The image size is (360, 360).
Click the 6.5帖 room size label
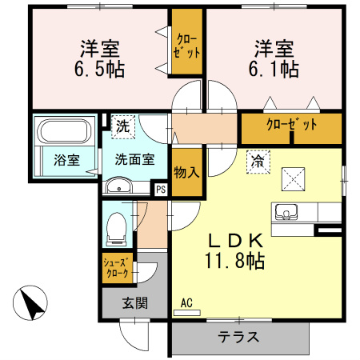100,69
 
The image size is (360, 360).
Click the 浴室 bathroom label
66,159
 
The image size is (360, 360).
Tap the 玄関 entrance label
134,303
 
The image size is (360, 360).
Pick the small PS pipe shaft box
161,190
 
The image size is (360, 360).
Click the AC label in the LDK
186,303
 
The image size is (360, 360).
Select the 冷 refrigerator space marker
258,159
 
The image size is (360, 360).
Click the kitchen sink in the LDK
286,213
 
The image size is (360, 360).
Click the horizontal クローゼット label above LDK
291,125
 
